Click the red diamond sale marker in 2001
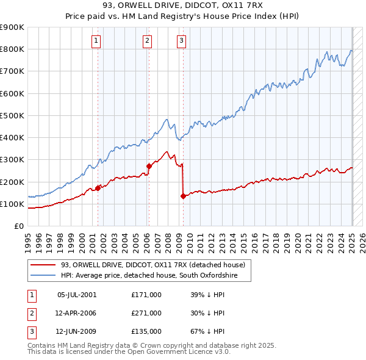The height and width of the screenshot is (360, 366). (x=98, y=189)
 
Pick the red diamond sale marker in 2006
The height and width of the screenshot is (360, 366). (x=149, y=166)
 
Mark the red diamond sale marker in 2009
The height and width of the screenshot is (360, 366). (x=183, y=196)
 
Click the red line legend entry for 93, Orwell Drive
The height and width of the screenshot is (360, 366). (x=152, y=265)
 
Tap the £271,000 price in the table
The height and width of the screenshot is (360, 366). (x=146, y=313)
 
